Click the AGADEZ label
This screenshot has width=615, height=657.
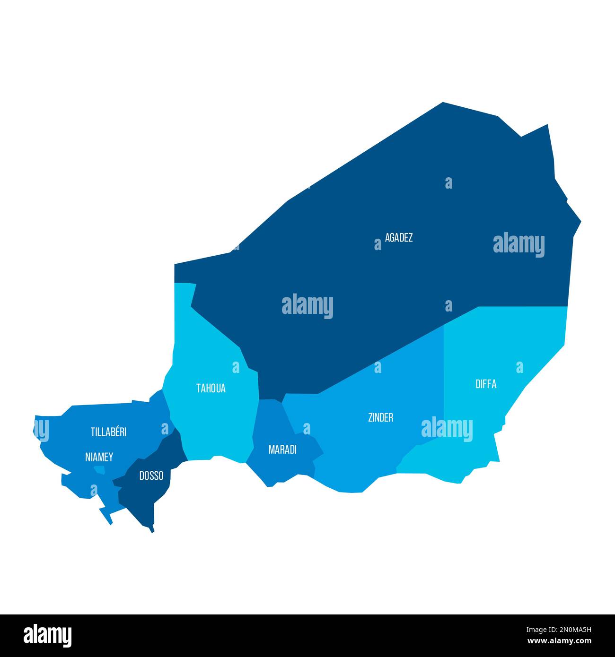coord(398,238)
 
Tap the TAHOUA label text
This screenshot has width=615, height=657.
coord(211,389)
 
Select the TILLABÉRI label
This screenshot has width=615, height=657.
coord(108,432)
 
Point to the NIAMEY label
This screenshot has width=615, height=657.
coord(99,457)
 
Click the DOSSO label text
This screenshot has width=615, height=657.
coord(151,476)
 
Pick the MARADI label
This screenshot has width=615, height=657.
coord(282,450)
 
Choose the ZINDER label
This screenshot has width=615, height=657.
coord(380,418)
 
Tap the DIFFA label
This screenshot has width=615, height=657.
coord(486,384)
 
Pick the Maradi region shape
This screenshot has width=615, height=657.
coord(274,468)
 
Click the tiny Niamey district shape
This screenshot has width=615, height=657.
coord(100,469)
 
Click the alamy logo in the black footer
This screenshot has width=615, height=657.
coord(48,635)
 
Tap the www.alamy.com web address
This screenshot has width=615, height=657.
coord(558,641)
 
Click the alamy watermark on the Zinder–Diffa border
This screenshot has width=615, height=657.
coord(447,429)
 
